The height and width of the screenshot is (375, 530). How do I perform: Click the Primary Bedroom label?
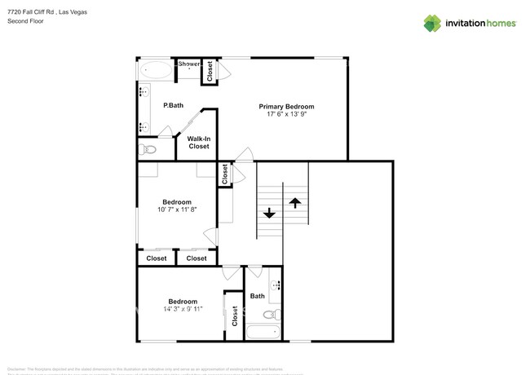(x=286, y=107)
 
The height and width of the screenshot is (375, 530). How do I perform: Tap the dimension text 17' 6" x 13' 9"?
(x=286, y=115)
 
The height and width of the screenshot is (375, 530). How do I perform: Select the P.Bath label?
(x=172, y=105)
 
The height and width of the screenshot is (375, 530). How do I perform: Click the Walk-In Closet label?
(x=199, y=143)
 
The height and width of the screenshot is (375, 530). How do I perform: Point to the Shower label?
(x=189, y=64)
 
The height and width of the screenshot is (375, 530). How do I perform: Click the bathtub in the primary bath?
(x=155, y=71)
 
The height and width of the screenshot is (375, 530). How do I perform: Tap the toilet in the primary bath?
(x=148, y=149)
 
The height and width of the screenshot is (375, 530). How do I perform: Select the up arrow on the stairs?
(x=295, y=201)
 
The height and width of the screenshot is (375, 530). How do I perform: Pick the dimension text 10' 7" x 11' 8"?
(x=176, y=210)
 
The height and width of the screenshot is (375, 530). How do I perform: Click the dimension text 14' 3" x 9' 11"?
(x=183, y=309)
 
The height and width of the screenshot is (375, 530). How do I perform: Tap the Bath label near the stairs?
(x=258, y=296)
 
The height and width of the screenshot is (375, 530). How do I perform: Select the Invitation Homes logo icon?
(x=432, y=23)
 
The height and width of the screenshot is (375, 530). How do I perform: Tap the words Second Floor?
(x=25, y=21)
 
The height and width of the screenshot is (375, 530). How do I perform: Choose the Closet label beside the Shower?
(x=210, y=72)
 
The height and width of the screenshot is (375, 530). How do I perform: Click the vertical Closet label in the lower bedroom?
(x=235, y=315)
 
